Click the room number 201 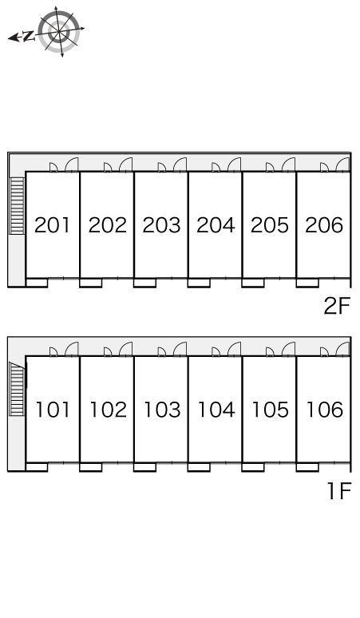tap(52, 225)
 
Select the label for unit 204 tap(216, 225)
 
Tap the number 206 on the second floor tap(324, 225)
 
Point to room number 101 tap(53, 410)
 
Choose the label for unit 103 tap(162, 410)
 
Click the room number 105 tap(270, 410)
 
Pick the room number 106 tap(325, 410)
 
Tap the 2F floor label tap(337, 306)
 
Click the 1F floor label tap(339, 491)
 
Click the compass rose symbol tap(59, 31)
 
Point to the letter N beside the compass tap(28, 37)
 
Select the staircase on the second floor tap(18, 206)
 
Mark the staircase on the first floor tap(18, 389)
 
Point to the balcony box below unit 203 tap(144, 283)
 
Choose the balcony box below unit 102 tap(90, 467)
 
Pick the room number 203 tap(161, 225)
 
